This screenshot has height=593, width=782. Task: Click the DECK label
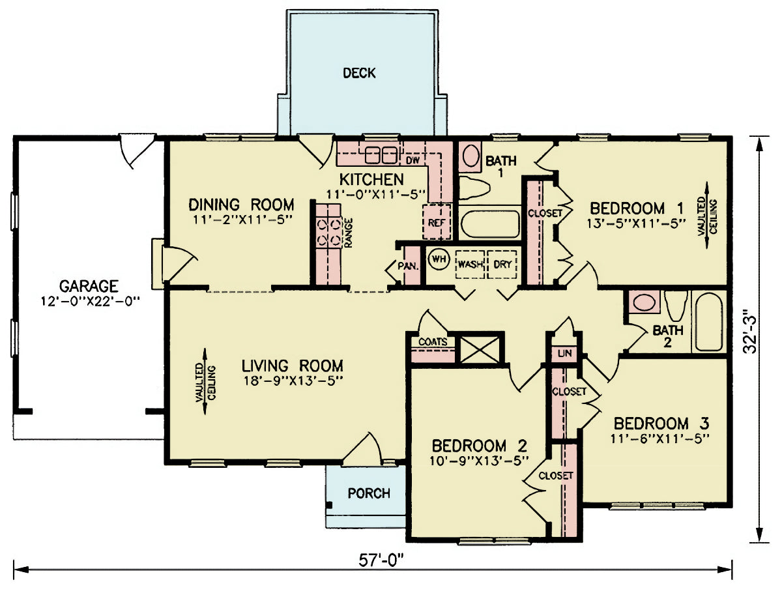pos(359,73)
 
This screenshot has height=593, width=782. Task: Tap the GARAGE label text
pos(89,286)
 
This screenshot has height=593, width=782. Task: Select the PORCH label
pos(369,493)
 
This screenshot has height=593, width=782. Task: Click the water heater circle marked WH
pos(439,259)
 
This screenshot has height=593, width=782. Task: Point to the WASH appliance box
pos(470,265)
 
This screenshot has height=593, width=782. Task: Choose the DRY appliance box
pos(502,265)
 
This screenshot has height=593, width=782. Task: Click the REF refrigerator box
pos(437,222)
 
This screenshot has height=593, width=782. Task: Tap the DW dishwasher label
pos(413,160)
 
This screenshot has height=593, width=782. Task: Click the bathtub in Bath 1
pos(490,224)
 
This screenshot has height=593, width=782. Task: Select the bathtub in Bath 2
pos(709,322)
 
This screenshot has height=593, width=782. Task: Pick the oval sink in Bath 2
pos(644,302)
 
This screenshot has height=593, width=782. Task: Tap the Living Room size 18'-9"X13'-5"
pos(293,381)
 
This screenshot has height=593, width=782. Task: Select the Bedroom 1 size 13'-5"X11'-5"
pos(636,224)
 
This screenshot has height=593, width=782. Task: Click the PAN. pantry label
pos(408,266)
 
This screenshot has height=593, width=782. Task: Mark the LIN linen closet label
pos(565,353)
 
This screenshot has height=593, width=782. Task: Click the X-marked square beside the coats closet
pos(480,350)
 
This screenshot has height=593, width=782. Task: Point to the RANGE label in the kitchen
pos(349,233)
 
